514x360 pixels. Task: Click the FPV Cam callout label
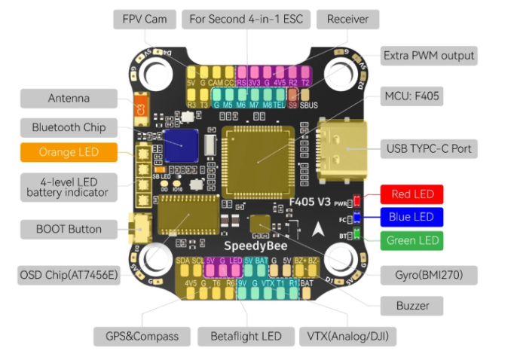click(x=145, y=18)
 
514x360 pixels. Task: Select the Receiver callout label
click(x=347, y=18)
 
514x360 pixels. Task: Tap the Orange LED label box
click(x=69, y=153)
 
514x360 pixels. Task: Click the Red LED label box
click(x=412, y=194)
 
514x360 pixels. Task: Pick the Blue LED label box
click(x=412, y=218)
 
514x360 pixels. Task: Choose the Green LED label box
click(x=412, y=241)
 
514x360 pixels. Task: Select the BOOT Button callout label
click(x=69, y=229)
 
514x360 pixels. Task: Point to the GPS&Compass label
click(x=136, y=336)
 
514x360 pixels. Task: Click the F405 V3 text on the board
click(x=310, y=202)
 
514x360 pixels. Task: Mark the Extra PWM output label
click(x=429, y=55)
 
